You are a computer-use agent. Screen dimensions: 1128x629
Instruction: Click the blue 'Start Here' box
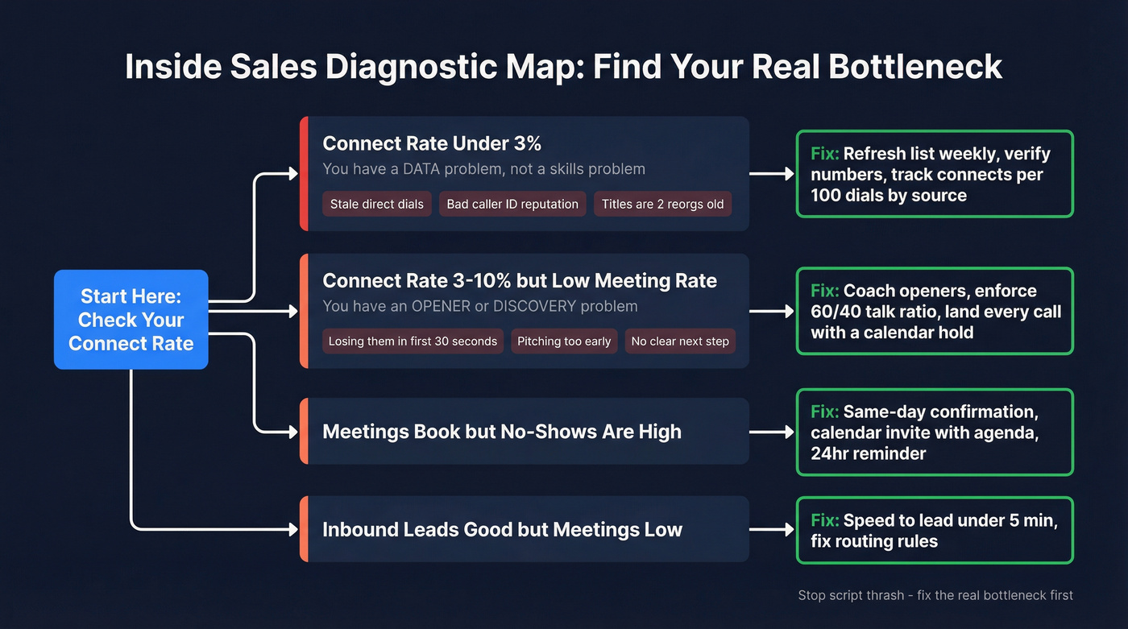[131, 320]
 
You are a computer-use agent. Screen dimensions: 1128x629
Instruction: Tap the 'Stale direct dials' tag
[376, 204]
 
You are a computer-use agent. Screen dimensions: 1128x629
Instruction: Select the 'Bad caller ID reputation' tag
[512, 204]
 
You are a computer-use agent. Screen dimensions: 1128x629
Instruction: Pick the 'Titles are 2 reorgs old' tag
[662, 204]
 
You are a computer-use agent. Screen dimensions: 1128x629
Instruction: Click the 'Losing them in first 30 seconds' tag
[413, 341]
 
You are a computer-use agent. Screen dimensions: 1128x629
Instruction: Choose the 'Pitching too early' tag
[564, 341]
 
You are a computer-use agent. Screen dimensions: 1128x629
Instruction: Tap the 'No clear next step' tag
[680, 341]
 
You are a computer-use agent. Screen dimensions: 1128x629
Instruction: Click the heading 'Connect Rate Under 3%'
[432, 143]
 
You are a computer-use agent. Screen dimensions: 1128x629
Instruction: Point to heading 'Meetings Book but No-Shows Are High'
[502, 431]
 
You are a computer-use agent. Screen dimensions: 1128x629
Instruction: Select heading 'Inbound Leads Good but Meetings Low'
[502, 529]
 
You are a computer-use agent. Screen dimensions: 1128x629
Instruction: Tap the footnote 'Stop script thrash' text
[935, 595]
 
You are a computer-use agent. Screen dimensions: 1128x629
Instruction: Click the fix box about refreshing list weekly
[935, 174]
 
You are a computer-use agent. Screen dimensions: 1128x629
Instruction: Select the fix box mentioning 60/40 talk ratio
[935, 311]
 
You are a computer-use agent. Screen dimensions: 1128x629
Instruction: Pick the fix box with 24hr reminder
[935, 432]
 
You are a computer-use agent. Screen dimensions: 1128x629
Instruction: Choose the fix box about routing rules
[935, 530]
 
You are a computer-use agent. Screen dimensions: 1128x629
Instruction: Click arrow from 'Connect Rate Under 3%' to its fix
[772, 174]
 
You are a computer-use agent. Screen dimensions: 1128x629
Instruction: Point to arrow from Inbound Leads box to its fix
[772, 529]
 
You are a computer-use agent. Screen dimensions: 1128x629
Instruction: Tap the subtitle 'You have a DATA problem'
[483, 169]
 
